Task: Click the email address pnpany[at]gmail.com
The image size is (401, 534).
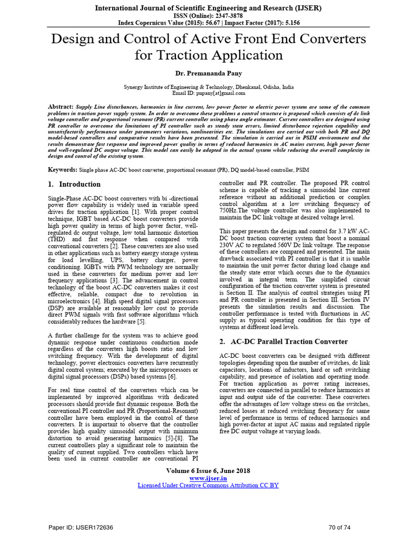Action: [215, 93]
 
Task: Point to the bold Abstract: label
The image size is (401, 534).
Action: [61, 106]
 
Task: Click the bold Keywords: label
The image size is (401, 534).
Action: [63, 170]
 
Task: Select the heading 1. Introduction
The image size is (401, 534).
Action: [74, 184]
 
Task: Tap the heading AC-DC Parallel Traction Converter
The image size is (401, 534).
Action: [280, 342]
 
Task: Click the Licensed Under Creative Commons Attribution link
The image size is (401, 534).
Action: [208, 485]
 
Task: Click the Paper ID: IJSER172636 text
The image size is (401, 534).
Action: [81, 527]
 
